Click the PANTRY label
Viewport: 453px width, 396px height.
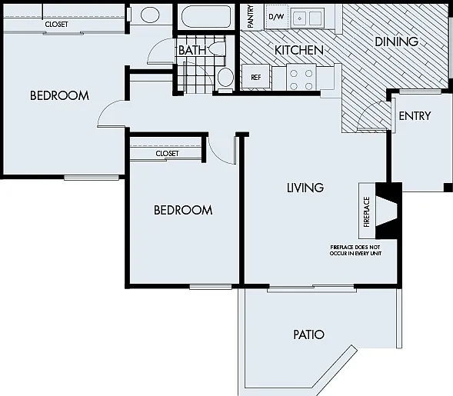251,17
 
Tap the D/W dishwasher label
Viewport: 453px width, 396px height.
276,17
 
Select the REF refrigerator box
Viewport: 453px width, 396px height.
256,77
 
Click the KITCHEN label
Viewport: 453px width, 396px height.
299,50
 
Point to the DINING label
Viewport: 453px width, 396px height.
396,42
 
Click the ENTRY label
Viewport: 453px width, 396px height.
415,116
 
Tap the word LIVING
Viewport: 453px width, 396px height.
305,188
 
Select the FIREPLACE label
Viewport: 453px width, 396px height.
367,211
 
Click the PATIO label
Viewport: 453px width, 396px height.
309,334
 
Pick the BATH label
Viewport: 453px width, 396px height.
192,50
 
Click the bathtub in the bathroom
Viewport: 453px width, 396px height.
206,17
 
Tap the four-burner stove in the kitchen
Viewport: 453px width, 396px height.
301,78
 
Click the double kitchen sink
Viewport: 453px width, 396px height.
308,18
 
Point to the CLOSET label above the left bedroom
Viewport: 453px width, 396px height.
56,25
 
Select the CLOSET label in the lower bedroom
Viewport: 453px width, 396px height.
167,153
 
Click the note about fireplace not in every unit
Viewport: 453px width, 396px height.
355,251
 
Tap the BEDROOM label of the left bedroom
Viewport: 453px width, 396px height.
59,95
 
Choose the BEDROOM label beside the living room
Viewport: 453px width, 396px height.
183,210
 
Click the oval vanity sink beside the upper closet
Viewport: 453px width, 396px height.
150,15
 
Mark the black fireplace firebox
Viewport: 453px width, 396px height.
387,211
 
